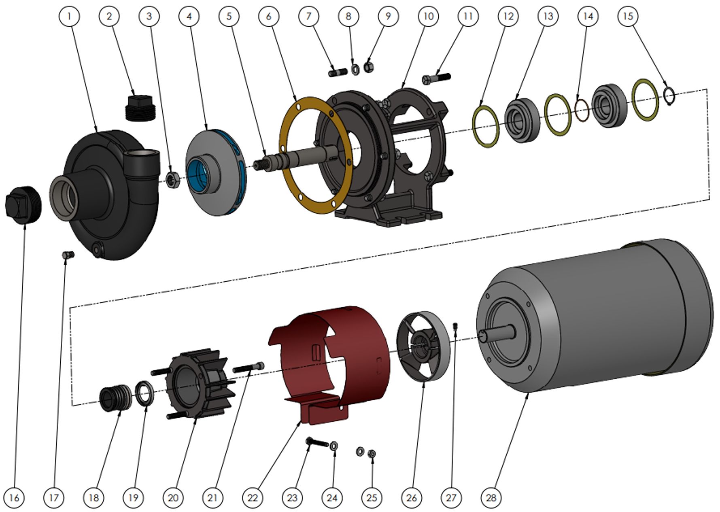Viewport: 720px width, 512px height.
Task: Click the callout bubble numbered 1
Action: (69, 16)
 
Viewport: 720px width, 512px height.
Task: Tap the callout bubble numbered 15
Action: (628, 16)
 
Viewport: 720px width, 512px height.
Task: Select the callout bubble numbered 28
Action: (491, 497)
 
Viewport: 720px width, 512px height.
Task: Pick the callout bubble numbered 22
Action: (253, 497)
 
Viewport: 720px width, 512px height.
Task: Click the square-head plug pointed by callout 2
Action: (140, 108)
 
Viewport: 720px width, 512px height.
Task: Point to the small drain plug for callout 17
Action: (68, 255)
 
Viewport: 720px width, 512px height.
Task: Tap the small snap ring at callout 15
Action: (669, 97)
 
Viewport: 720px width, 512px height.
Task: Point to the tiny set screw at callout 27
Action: (456, 326)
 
